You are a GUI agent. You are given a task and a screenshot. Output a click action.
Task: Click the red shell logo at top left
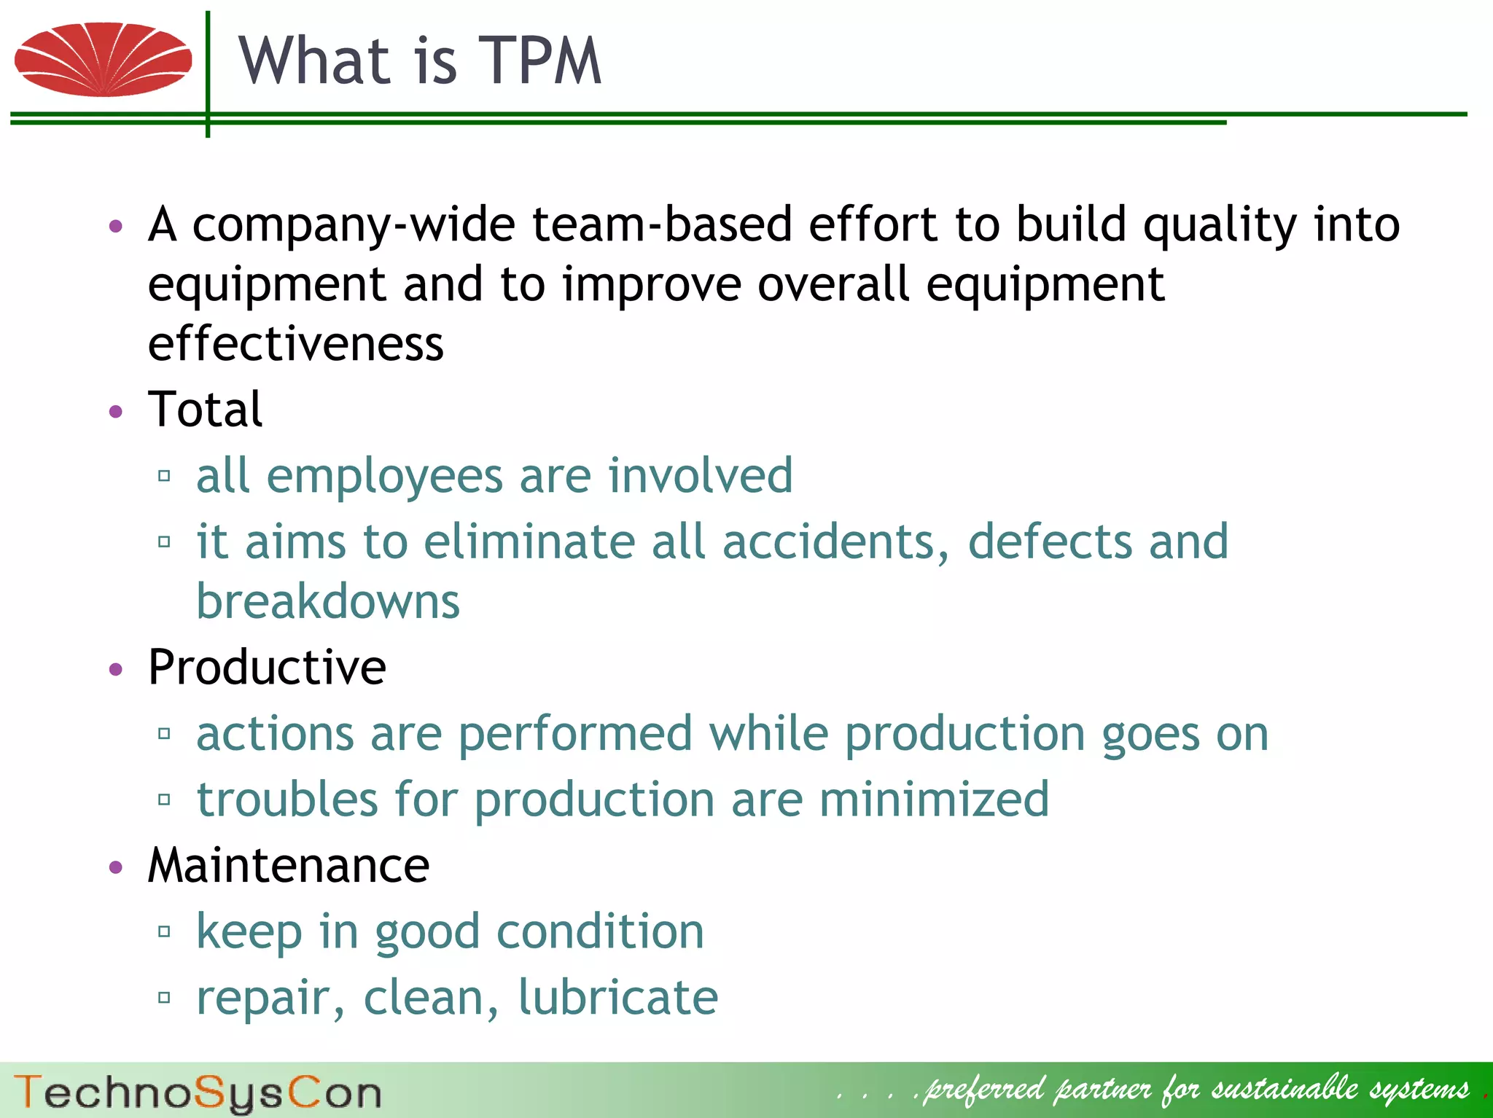pyautogui.click(x=103, y=60)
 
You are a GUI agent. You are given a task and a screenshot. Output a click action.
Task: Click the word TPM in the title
pyautogui.click(x=539, y=61)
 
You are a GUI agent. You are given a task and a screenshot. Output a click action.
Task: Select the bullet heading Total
pyautogui.click(x=205, y=410)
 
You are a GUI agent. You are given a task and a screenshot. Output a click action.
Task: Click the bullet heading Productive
pyautogui.click(x=267, y=668)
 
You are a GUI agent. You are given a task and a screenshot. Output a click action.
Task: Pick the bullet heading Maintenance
pyautogui.click(x=289, y=866)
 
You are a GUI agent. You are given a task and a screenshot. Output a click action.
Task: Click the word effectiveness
pyautogui.click(x=295, y=344)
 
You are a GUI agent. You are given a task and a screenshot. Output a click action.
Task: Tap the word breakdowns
pyautogui.click(x=328, y=602)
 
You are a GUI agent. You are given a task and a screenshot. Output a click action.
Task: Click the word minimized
pyautogui.click(x=934, y=800)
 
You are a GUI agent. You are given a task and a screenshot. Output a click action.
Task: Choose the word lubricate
pyautogui.click(x=618, y=998)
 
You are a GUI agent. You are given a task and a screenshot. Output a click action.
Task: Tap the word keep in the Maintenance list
pyautogui.click(x=249, y=932)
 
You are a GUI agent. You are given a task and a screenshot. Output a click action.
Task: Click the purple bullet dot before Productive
pyautogui.click(x=116, y=669)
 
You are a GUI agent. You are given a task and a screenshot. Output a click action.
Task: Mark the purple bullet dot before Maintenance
pyautogui.click(x=116, y=867)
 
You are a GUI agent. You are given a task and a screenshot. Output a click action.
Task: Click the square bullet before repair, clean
pyautogui.click(x=164, y=997)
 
